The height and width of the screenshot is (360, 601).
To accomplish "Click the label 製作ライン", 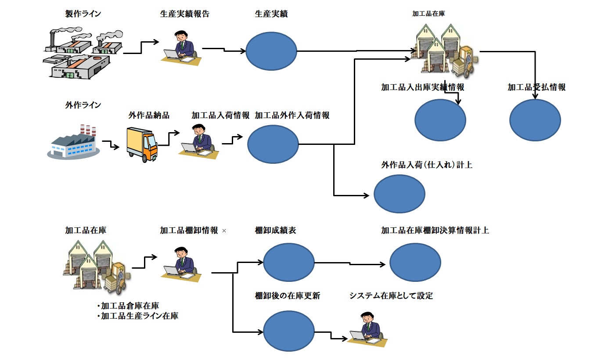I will coord(83,14).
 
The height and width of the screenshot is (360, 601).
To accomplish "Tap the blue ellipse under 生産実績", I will coord(271,51).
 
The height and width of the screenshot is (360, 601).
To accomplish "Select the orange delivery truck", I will coord(142,145).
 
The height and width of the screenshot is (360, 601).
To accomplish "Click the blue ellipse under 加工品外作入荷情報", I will coord(273,144).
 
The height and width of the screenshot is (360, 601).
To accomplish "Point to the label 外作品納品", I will coord(149,116).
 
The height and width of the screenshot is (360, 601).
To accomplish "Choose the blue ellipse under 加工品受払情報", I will coord(535,120).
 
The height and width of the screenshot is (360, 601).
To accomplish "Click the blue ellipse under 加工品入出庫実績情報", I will coord(440,120).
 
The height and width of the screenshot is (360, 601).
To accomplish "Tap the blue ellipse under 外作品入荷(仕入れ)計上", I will coord(399,193).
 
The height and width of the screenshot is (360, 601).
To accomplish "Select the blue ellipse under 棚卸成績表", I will coord(289,263).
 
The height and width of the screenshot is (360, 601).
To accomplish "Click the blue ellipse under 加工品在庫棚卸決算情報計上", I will coord(415,263).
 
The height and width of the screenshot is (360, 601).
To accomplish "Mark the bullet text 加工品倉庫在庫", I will coord(130,306).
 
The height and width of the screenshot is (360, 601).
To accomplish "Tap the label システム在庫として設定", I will coord(391,296).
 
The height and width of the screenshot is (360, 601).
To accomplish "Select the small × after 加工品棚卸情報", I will coord(224,230).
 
